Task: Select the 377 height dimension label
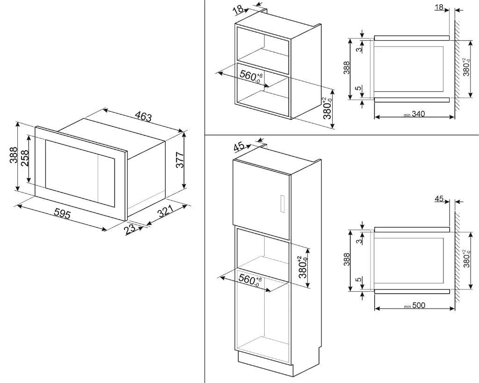180,160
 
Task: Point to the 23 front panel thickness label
131,229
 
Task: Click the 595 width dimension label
62,214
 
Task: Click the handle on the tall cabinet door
282,204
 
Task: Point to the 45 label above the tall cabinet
239,146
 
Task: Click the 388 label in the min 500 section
347,260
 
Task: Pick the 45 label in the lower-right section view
439,199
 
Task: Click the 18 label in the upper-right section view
439,7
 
